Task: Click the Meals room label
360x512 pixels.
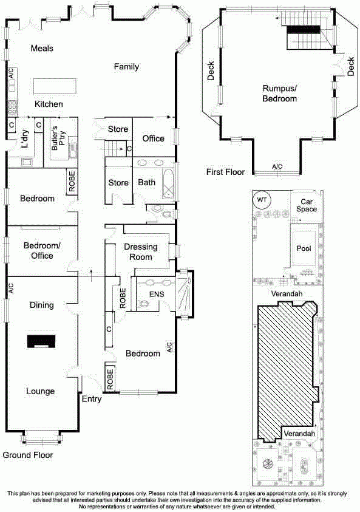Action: tap(42, 49)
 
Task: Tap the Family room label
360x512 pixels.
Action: tap(126, 67)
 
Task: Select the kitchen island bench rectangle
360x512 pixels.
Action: tap(55, 86)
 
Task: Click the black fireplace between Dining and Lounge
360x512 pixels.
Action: tap(41, 342)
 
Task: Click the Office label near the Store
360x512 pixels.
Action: tap(153, 138)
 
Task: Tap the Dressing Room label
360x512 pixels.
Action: tap(141, 252)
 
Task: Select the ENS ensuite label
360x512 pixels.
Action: tap(157, 294)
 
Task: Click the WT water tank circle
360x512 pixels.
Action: tap(262, 200)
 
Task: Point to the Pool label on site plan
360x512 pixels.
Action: tap(304, 248)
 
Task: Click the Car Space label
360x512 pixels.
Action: tap(307, 205)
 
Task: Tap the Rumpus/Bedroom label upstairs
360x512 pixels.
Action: tap(280, 94)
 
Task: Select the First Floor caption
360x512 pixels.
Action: tap(225, 172)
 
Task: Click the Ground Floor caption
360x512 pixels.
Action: tap(28, 455)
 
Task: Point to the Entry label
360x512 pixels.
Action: tap(92, 399)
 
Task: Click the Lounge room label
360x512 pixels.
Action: tap(41, 391)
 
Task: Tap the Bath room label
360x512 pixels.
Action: tap(146, 182)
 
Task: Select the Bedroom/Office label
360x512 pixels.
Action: tap(42, 250)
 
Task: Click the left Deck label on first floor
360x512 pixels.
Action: tap(211, 71)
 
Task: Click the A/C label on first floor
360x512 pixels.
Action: tap(277, 167)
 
